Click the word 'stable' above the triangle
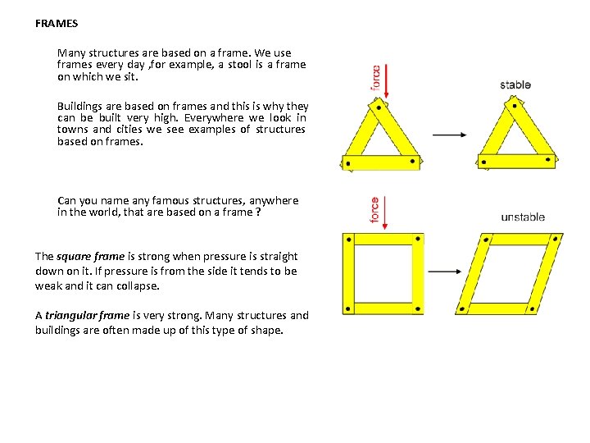515,84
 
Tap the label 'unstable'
523,217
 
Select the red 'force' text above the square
375,210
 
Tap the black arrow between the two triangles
449,135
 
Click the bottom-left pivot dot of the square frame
349,308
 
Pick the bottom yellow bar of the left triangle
380,162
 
